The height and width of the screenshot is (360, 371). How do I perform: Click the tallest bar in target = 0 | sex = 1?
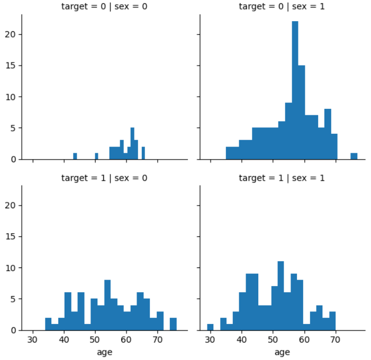(x=295, y=90)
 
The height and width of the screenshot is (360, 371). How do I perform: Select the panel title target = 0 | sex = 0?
(x=104, y=7)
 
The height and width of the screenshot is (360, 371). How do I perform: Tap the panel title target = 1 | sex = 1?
(x=282, y=178)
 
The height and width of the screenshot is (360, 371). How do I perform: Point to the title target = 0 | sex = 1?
(x=282, y=7)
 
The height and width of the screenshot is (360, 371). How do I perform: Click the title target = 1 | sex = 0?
(x=104, y=178)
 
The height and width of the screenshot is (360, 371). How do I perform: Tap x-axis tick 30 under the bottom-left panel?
(x=33, y=340)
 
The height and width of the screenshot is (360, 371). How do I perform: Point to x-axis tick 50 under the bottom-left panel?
(x=95, y=340)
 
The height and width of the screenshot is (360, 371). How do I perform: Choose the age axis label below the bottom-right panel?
(x=282, y=352)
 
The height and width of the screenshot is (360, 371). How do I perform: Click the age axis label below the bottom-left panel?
(x=104, y=352)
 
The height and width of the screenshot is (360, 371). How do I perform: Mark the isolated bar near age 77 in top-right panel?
(x=354, y=156)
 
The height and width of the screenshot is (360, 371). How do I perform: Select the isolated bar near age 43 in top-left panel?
(x=75, y=156)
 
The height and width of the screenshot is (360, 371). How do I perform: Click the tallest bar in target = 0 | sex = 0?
(x=132, y=144)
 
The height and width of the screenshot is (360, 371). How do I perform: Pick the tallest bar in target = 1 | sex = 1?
(x=280, y=296)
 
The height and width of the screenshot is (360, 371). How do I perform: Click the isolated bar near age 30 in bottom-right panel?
(x=210, y=327)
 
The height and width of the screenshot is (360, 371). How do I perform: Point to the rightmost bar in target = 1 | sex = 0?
(x=173, y=324)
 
